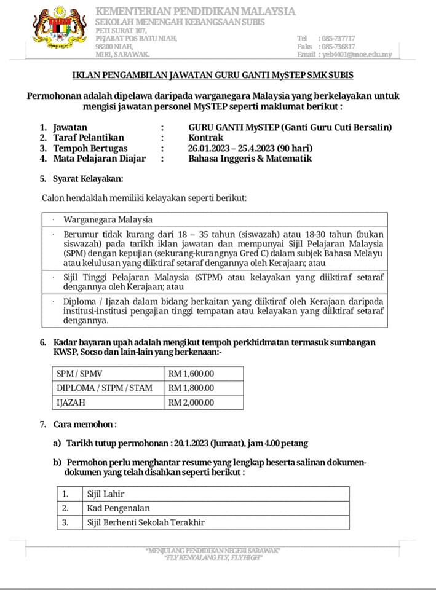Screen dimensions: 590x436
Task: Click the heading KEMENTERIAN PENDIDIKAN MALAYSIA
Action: tap(196, 12)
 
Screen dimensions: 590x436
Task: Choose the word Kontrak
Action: tap(206, 138)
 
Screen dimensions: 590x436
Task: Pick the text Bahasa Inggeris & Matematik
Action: tap(250, 159)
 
